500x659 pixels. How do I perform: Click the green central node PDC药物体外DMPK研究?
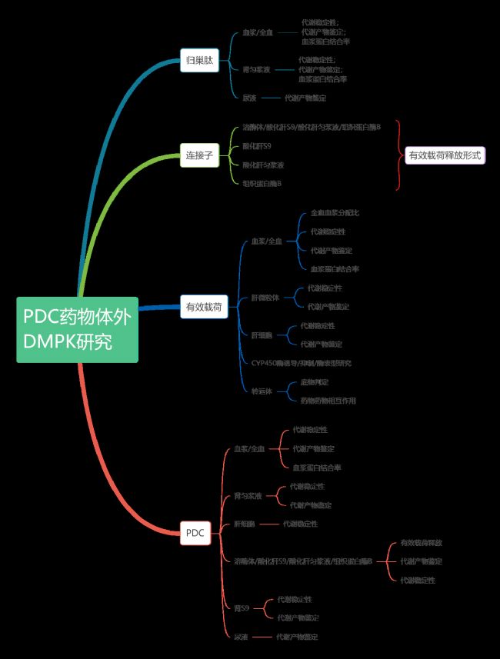click(x=77, y=329)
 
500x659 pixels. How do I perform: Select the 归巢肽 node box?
click(x=199, y=59)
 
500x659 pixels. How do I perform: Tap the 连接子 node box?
click(x=199, y=155)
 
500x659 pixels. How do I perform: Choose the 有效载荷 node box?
click(x=204, y=307)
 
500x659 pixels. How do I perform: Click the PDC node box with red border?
click(x=195, y=532)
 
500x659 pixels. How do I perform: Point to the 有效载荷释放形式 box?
click(x=445, y=155)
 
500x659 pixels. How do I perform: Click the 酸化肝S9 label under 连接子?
click(x=256, y=145)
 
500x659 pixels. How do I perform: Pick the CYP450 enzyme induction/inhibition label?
click(x=302, y=362)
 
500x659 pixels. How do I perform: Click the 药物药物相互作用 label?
click(x=328, y=400)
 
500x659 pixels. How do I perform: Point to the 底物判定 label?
click(x=314, y=381)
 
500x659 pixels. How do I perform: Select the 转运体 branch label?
click(x=262, y=391)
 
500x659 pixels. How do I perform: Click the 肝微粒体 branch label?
click(x=265, y=297)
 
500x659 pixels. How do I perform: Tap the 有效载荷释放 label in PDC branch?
click(x=421, y=543)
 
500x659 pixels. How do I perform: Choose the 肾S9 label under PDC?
click(x=242, y=608)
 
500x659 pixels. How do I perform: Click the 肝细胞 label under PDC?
click(x=245, y=524)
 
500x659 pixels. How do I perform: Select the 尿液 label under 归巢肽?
click(x=249, y=98)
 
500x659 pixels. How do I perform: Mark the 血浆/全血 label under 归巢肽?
click(x=257, y=33)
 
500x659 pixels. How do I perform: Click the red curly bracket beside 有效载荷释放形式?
click(x=398, y=155)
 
